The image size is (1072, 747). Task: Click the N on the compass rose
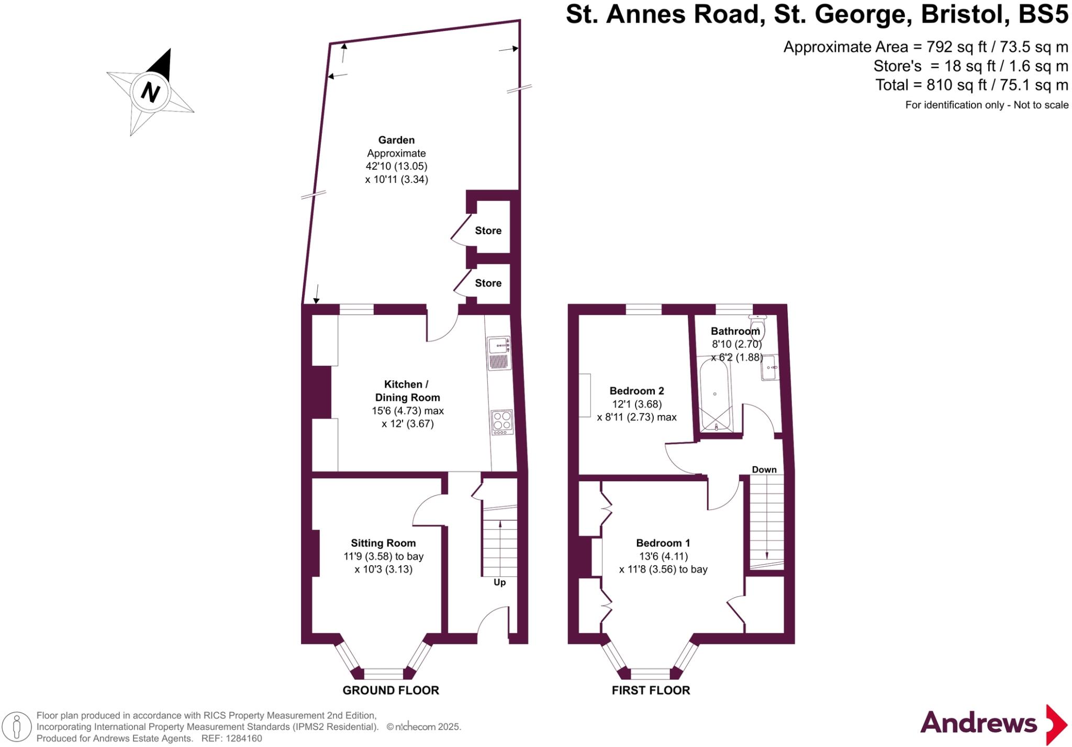point(150,93)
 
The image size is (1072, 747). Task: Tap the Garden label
point(396,140)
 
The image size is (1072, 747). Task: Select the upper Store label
point(488,230)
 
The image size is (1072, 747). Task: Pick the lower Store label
point(488,283)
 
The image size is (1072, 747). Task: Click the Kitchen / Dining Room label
point(407,391)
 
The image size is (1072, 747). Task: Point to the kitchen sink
point(498,346)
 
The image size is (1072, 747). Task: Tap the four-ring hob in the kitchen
point(502,421)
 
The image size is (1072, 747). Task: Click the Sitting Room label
point(383,543)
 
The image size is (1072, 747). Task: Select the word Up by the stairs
point(499,583)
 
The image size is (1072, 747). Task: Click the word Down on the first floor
point(764,469)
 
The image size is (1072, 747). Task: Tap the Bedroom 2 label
point(636,391)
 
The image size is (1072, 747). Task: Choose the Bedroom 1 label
point(663,543)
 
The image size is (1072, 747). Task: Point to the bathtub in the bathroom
point(714,393)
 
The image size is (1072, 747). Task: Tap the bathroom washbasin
point(769,368)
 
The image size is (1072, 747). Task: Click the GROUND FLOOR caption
point(390,690)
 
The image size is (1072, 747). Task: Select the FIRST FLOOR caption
point(651,690)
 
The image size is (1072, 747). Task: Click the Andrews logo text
point(978,723)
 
